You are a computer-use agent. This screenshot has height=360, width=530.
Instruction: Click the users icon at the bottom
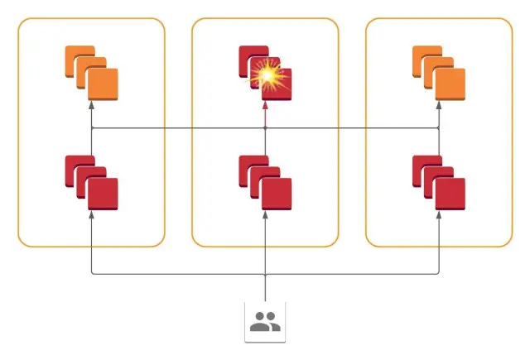click(265, 322)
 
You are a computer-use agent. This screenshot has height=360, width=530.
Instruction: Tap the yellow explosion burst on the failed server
click(267, 77)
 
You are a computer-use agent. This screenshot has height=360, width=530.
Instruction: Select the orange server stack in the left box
click(91, 74)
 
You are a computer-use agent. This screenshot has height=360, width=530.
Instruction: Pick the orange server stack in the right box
click(439, 74)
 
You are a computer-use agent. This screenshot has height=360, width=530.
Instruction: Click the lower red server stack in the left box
click(91, 181)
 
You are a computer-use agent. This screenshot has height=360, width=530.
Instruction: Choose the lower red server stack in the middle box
click(265, 181)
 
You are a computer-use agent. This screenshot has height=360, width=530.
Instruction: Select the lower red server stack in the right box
click(439, 181)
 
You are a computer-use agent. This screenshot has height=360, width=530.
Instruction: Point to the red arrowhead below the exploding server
click(265, 105)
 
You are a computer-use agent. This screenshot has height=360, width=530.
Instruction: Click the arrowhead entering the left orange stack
click(91, 105)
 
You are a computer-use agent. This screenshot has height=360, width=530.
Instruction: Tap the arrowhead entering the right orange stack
click(439, 105)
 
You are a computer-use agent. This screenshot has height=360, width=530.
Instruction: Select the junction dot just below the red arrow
click(265, 129)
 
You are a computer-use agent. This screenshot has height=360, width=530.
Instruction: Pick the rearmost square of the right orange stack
click(425, 60)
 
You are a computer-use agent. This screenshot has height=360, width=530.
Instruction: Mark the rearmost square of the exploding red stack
click(251, 59)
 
